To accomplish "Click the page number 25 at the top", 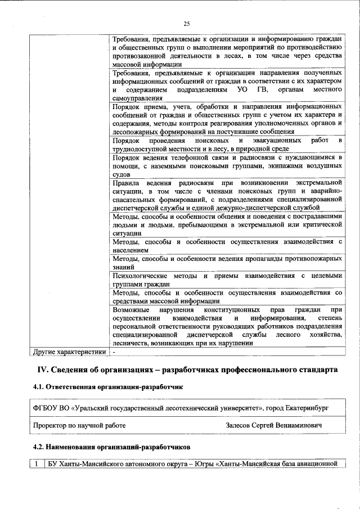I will [x=186, y=23].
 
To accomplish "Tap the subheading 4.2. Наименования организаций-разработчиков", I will [x=111, y=447].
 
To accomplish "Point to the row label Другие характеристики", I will [x=68, y=352].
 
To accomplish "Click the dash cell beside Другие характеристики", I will [x=114, y=352].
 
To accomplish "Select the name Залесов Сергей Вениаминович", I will [x=273, y=426].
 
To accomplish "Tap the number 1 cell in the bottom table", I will [x=37, y=464].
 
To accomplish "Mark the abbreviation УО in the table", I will [x=243, y=90].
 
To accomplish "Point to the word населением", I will [x=130, y=249].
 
